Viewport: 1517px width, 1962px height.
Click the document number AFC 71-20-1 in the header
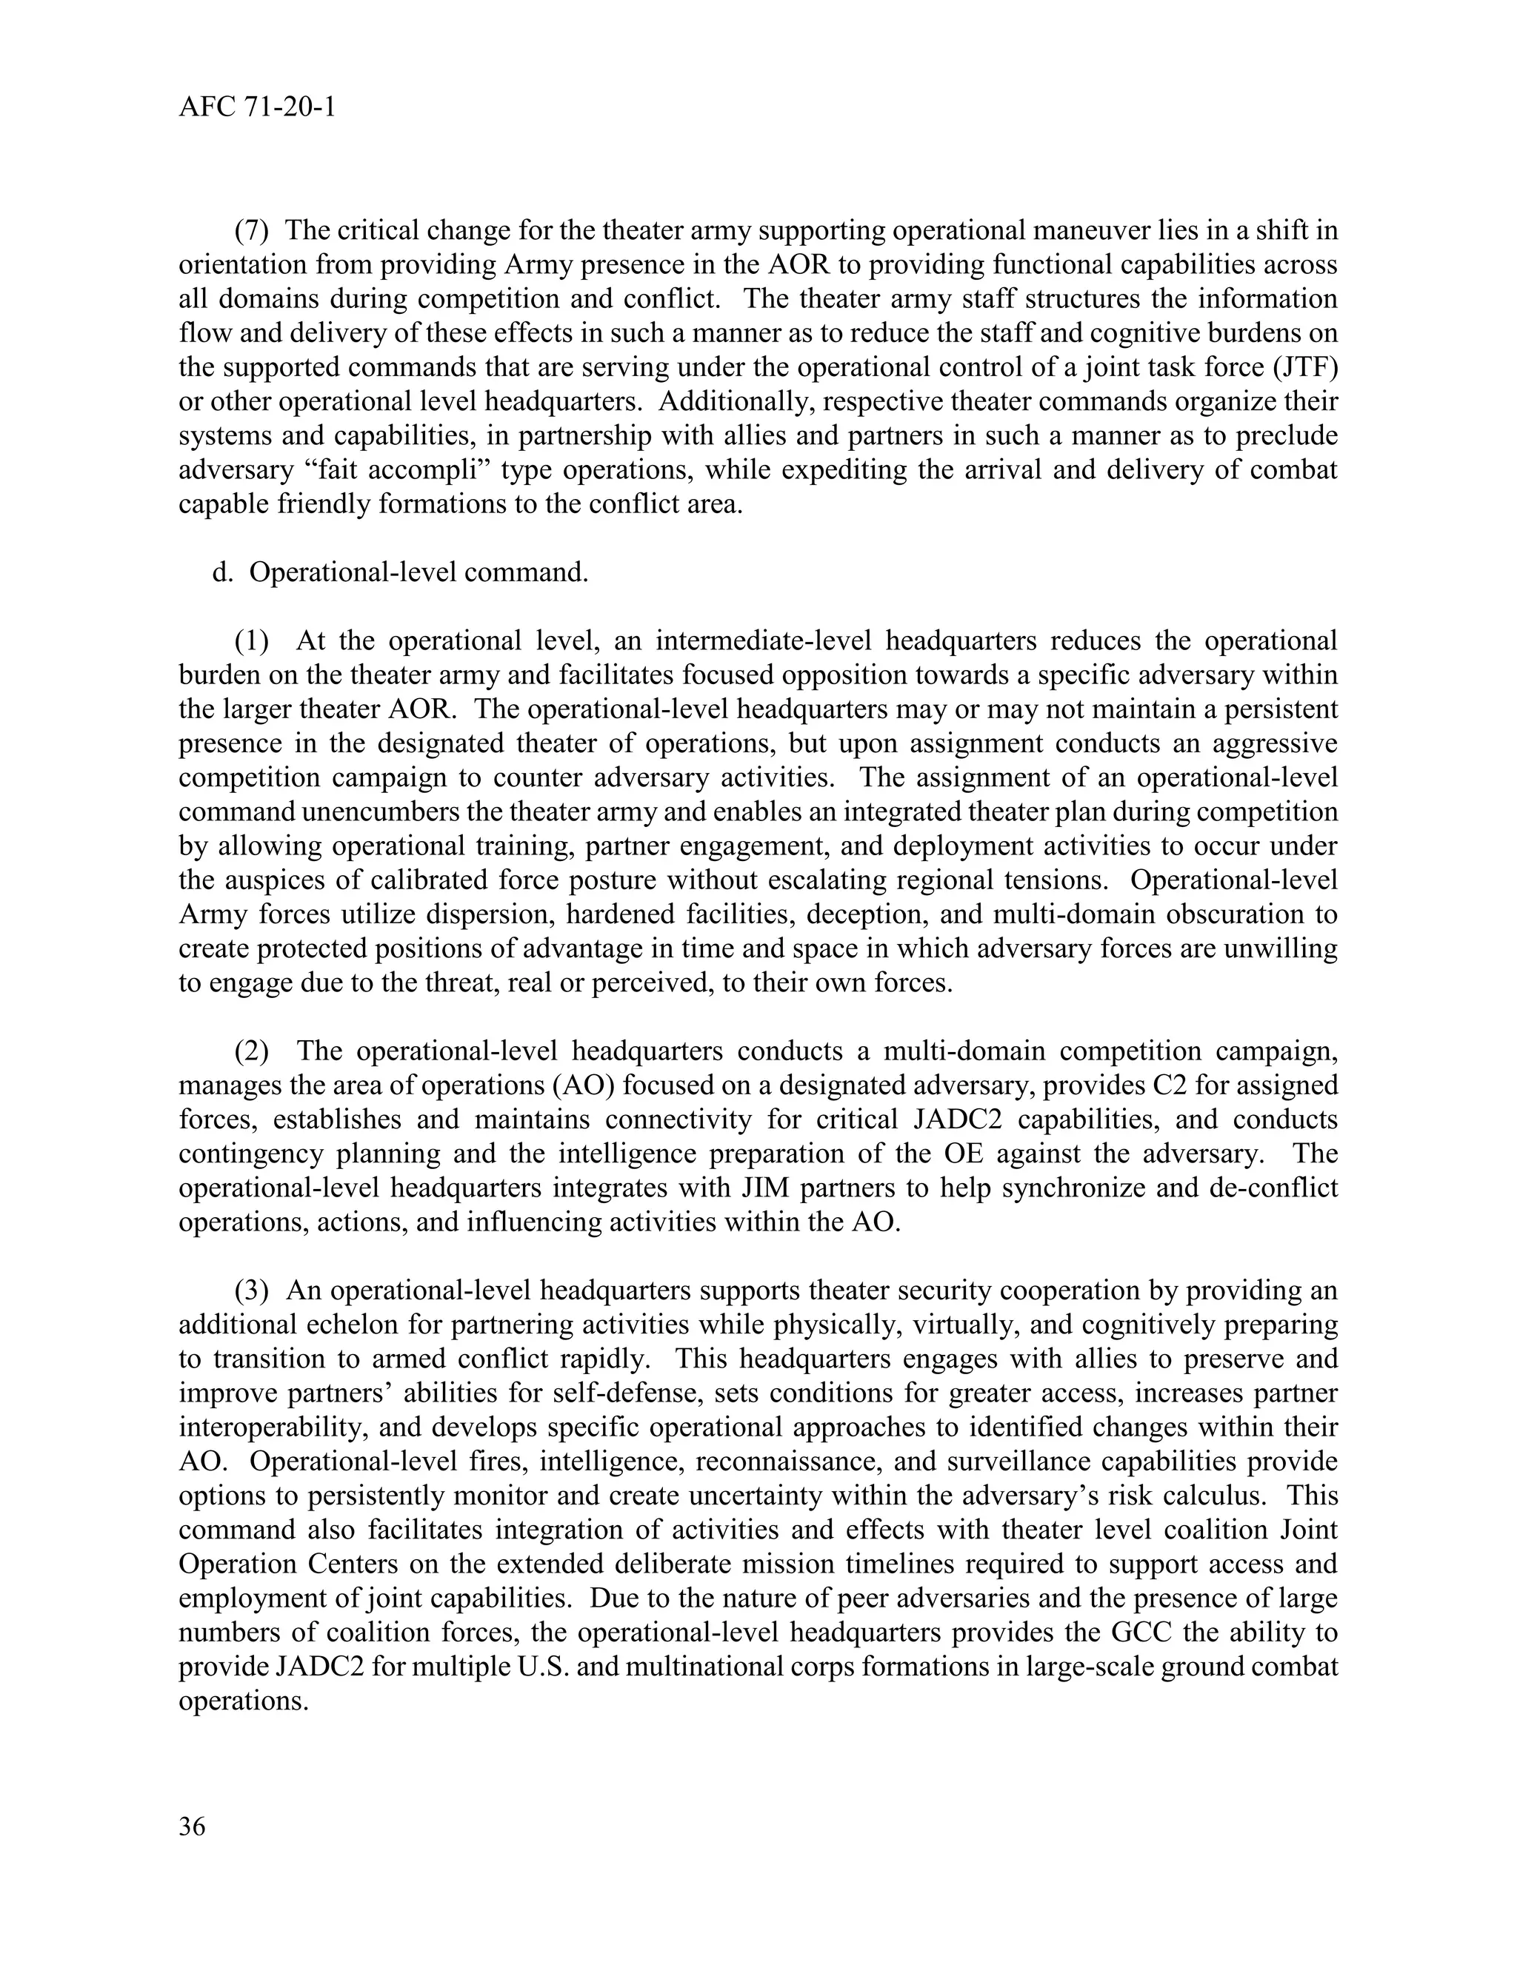(x=257, y=108)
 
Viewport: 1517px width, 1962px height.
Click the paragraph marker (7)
(x=252, y=231)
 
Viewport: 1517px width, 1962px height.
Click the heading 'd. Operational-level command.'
(x=400, y=572)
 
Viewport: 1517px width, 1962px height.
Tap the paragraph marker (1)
(x=252, y=640)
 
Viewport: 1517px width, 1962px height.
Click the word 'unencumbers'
(x=401, y=812)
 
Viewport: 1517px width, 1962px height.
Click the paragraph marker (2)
(x=252, y=1051)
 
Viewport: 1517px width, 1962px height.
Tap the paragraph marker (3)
(x=252, y=1291)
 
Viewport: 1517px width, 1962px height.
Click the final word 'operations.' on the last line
(x=244, y=1701)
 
